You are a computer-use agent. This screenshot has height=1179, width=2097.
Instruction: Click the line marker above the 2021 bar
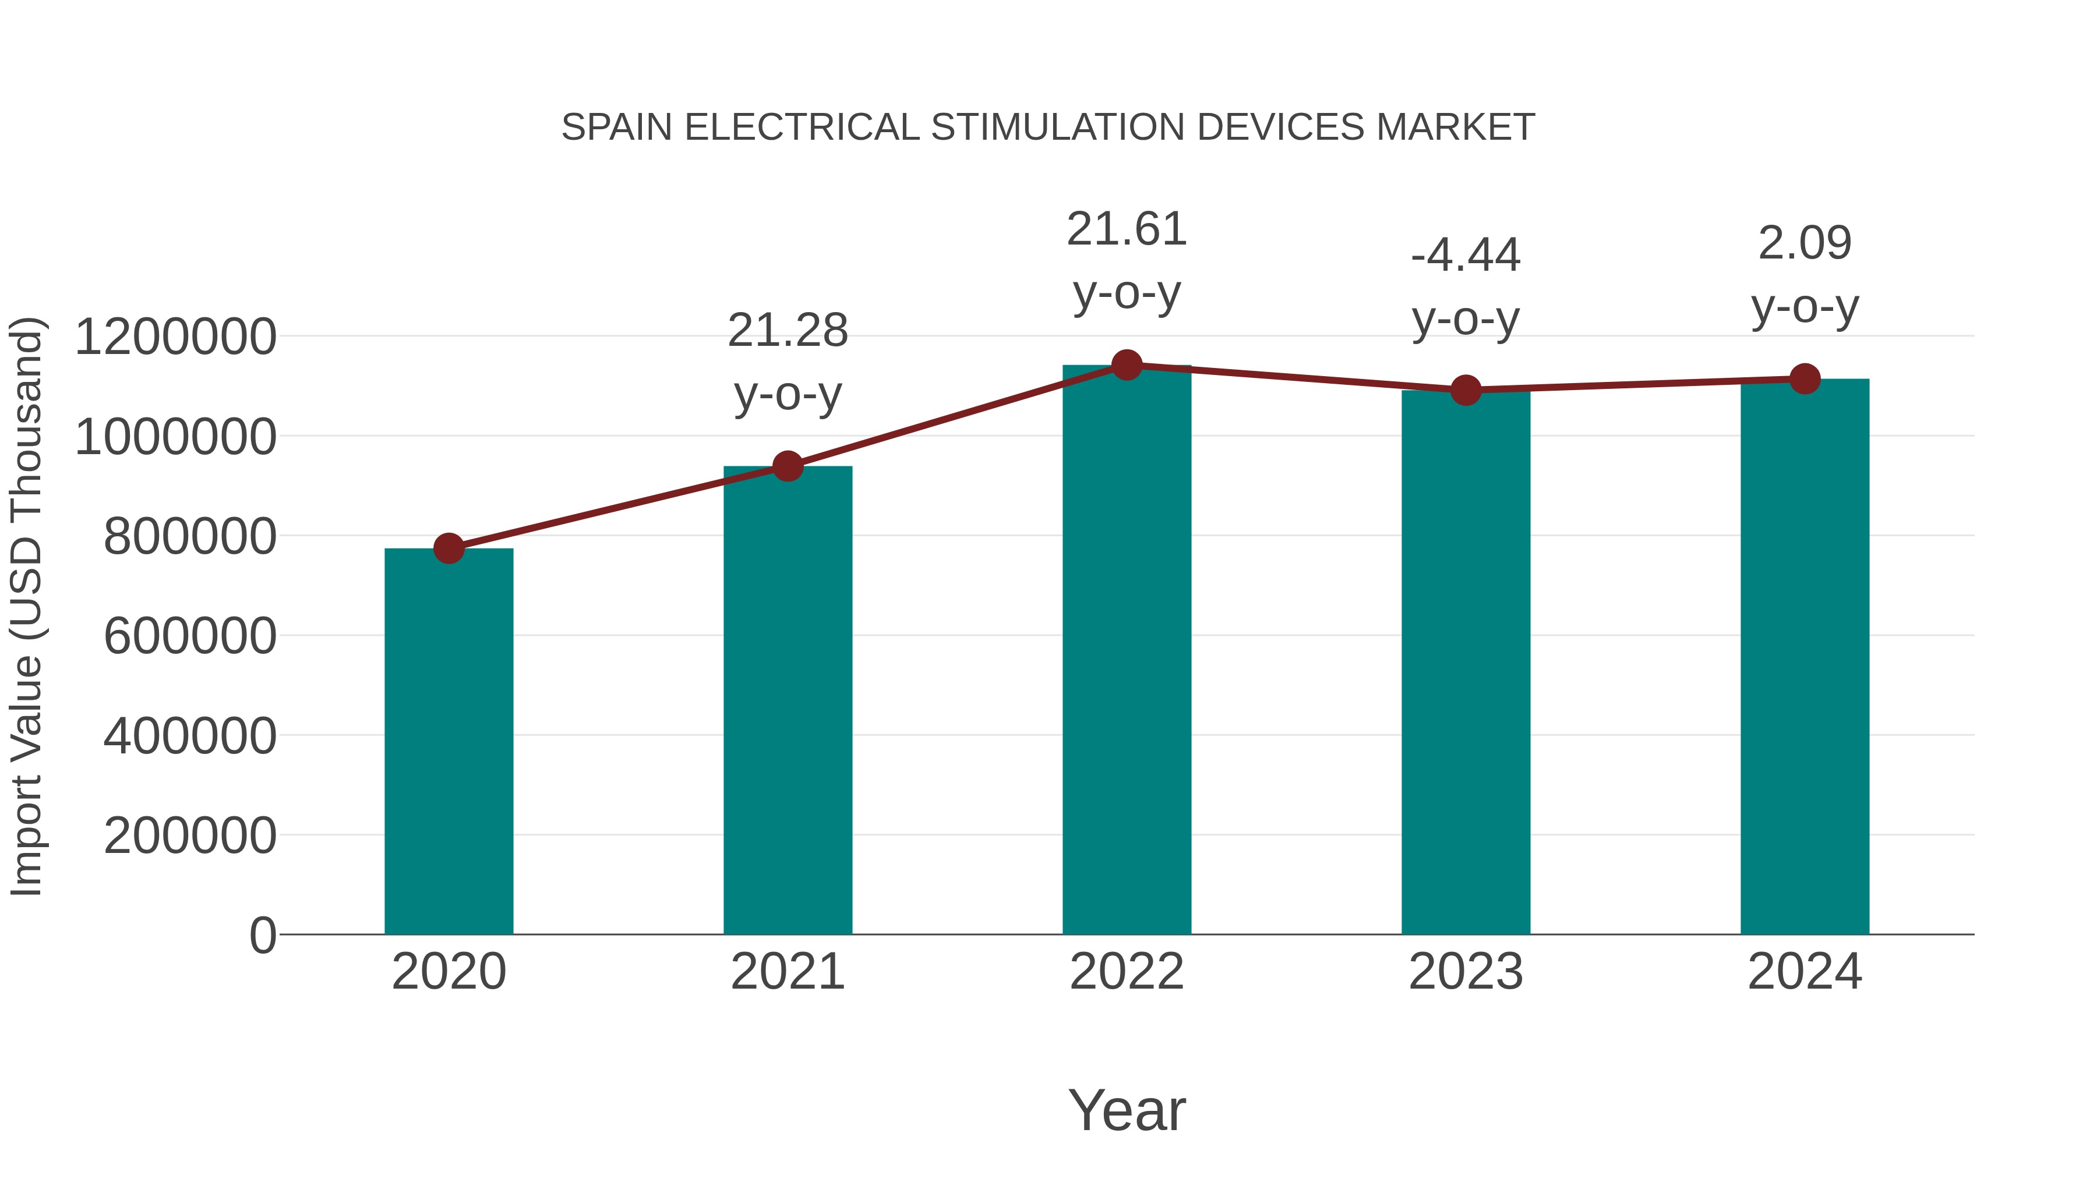point(787,466)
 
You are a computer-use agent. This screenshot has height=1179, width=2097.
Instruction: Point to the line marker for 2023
point(1466,391)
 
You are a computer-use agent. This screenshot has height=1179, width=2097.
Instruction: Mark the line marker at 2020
point(449,548)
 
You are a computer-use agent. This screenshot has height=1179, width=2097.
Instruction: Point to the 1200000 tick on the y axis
point(175,337)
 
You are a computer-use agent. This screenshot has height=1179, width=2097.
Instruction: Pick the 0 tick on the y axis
point(262,936)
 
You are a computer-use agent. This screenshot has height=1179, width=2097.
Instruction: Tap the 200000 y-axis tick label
point(190,835)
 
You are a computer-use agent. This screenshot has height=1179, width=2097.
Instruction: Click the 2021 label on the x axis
point(787,972)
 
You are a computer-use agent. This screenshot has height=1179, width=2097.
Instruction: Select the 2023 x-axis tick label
point(1466,972)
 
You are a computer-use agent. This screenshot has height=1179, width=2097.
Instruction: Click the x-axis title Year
point(1127,1110)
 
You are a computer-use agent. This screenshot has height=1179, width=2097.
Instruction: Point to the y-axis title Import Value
point(26,606)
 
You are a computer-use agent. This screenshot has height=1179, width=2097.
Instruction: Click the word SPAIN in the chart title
point(616,128)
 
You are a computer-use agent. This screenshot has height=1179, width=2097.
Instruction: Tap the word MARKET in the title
point(1455,128)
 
